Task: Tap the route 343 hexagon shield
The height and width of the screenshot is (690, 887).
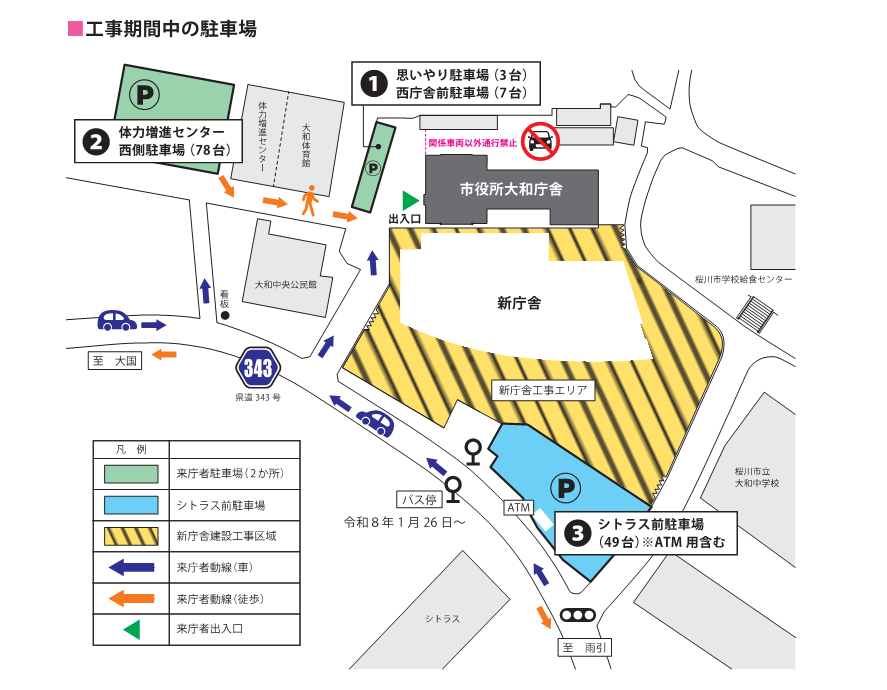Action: (x=257, y=368)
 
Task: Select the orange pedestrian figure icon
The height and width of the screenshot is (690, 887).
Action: (x=311, y=201)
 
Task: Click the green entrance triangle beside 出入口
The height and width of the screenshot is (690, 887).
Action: (x=409, y=200)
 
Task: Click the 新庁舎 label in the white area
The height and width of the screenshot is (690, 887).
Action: (x=519, y=302)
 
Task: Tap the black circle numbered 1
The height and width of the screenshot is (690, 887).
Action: (x=373, y=84)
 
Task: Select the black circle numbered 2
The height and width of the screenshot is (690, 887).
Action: (x=96, y=142)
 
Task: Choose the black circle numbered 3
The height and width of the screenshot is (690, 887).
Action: (x=576, y=533)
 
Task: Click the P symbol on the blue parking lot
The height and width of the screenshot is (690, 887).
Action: (x=567, y=488)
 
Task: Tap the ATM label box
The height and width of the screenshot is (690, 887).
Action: (x=519, y=508)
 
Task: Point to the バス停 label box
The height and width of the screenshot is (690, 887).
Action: (x=418, y=499)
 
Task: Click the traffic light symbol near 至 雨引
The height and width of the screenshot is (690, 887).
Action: (x=577, y=615)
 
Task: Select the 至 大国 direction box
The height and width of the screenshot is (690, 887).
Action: (x=116, y=360)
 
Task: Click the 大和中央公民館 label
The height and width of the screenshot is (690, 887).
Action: (x=285, y=284)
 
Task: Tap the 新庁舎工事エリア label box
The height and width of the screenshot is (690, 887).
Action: (x=540, y=390)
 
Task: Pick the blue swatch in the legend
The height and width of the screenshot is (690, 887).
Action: (x=131, y=505)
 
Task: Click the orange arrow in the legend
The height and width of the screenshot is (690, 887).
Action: (x=131, y=598)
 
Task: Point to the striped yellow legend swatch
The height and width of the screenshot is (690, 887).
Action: (x=131, y=536)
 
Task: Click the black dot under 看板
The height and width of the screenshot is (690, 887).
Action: (x=225, y=316)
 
